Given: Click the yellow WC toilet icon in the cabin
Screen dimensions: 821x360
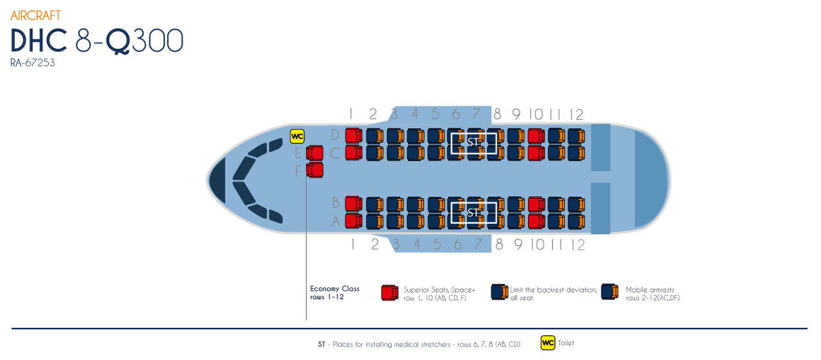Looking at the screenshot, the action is (x=297, y=137).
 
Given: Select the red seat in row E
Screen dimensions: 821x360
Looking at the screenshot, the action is (x=314, y=153).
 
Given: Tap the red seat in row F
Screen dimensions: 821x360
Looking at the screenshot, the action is (x=314, y=171).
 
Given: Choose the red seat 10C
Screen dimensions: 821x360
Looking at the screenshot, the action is (x=536, y=153).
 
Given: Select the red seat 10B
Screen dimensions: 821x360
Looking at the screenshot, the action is (x=536, y=204).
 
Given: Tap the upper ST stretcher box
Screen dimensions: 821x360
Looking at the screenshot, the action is (x=473, y=143).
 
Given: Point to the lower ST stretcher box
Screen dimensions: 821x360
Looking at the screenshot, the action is (x=473, y=212).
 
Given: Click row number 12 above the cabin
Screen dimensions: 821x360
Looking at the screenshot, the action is (x=577, y=115).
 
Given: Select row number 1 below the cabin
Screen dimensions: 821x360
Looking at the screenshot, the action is (x=351, y=244).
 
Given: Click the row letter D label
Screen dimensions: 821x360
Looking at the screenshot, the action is (x=334, y=135).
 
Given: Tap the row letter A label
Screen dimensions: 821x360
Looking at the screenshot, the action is (x=334, y=222).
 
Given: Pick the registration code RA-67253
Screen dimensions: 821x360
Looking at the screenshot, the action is (x=33, y=63).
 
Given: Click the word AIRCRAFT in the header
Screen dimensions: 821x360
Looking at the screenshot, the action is (x=36, y=15).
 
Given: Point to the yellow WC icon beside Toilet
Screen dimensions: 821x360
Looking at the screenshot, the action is (x=548, y=343).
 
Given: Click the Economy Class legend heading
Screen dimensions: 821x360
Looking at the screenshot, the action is (x=334, y=289).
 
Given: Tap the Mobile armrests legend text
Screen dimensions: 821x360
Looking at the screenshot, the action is (x=650, y=290).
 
